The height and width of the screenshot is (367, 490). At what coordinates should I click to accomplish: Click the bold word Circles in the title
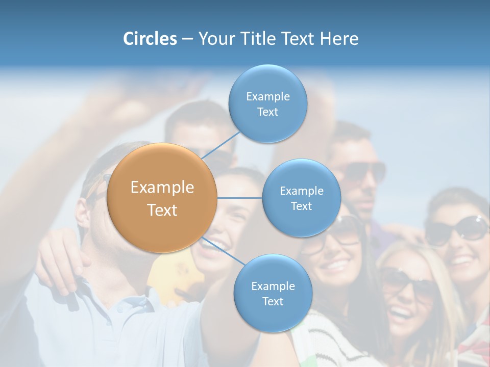(x=150, y=39)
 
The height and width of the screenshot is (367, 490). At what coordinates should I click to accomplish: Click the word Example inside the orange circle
(x=162, y=188)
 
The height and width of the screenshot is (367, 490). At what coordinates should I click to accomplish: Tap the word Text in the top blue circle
(x=267, y=112)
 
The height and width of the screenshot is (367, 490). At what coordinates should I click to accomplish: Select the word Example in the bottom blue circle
(x=273, y=286)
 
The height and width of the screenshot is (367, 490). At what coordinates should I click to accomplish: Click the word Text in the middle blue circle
(x=301, y=206)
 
